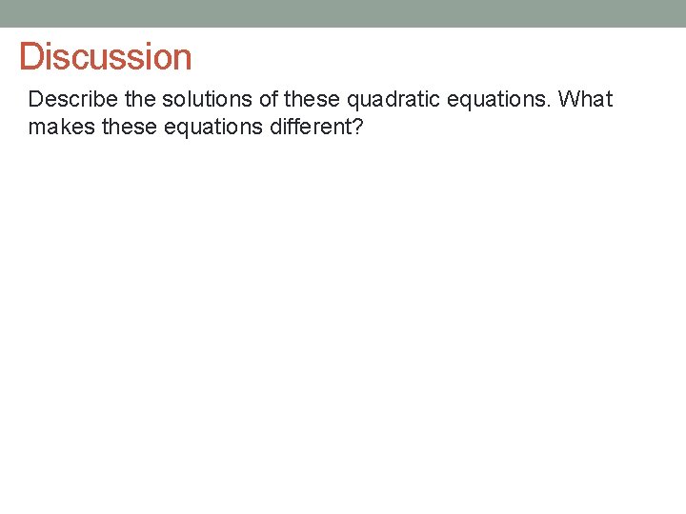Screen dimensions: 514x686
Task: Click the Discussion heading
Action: [106, 57]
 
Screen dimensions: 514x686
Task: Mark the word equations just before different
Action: [200, 128]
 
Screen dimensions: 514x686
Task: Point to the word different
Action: [308, 127]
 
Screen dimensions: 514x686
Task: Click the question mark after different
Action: [358, 127]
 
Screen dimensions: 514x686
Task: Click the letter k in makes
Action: [61, 127]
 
